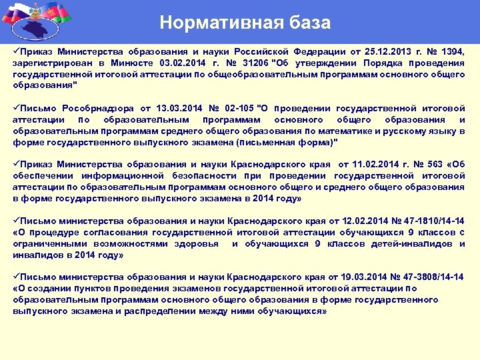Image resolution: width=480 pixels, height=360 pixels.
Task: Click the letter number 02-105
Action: pos(239,108)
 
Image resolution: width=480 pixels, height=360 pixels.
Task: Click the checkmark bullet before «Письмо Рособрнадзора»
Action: pos(16,108)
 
